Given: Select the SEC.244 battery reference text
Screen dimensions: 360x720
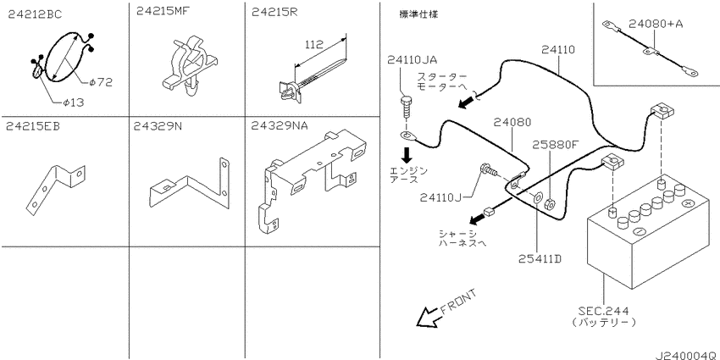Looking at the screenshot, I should [x=617, y=311].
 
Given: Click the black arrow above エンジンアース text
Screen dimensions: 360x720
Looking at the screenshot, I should [x=407, y=154].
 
